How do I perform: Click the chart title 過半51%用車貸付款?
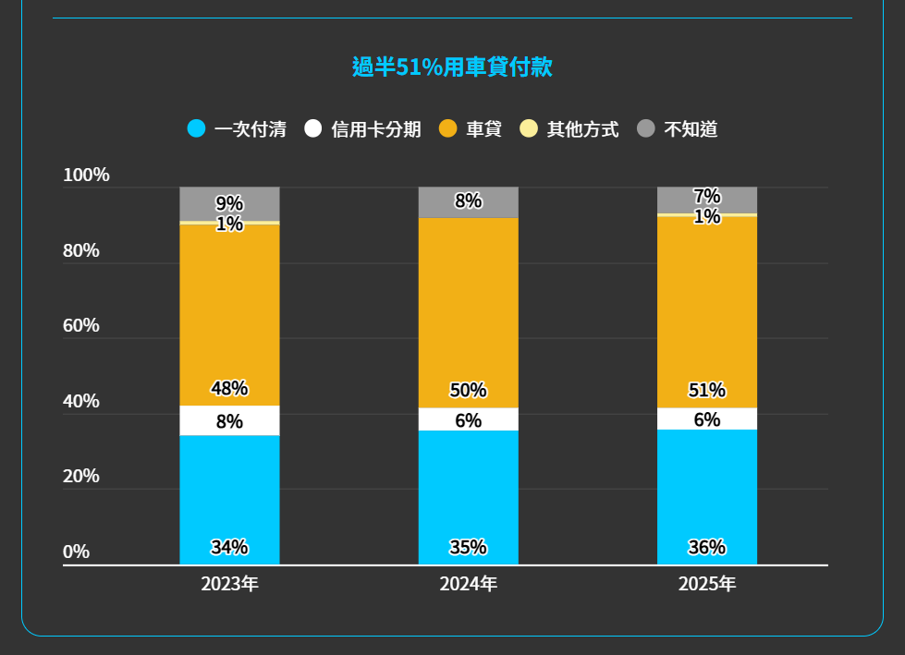click(x=452, y=67)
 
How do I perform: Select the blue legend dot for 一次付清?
click(x=196, y=128)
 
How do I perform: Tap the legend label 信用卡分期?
click(x=376, y=129)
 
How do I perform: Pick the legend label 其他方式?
click(x=582, y=129)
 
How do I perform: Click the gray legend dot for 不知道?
click(x=646, y=128)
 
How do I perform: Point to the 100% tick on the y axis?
click(x=86, y=176)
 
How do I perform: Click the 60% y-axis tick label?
click(x=81, y=326)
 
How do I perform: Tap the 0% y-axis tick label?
click(x=77, y=552)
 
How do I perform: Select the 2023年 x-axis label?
click(x=229, y=584)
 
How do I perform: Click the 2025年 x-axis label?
click(x=707, y=584)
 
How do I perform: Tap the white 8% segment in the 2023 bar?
click(x=229, y=421)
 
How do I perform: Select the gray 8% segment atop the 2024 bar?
click(x=468, y=201)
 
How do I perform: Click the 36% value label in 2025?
click(x=707, y=547)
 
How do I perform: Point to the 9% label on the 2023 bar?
click(x=229, y=203)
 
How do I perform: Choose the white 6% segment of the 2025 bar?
click(x=707, y=419)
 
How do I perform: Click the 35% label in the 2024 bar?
click(x=468, y=547)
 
